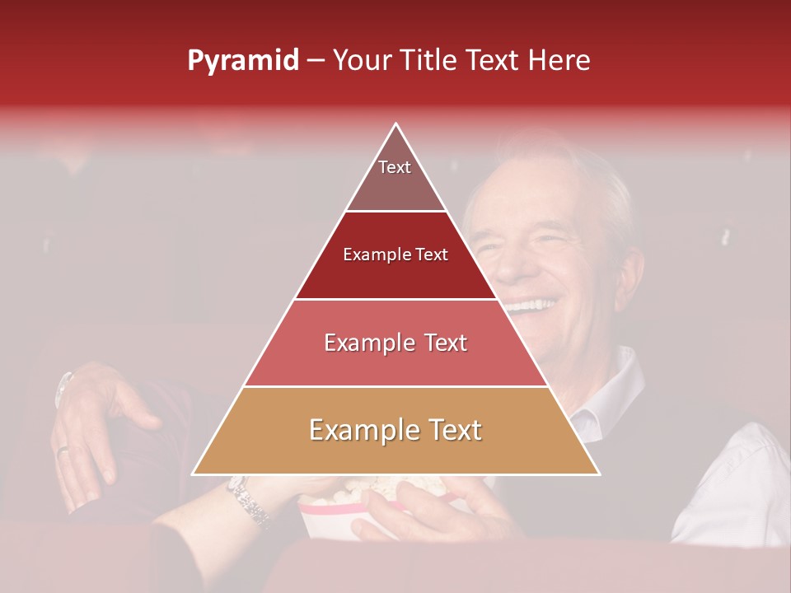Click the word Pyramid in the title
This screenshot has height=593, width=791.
pyautogui.click(x=242, y=61)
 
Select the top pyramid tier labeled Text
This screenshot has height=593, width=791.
pyautogui.click(x=395, y=177)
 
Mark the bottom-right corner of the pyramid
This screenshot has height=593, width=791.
pyautogui.click(x=598, y=474)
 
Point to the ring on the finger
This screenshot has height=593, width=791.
pyautogui.click(x=63, y=450)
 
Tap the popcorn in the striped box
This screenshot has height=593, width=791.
pyautogui.click(x=346, y=494)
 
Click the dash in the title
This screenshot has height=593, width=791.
pyautogui.click(x=315, y=61)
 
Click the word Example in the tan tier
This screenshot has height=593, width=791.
pyautogui.click(x=363, y=431)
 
